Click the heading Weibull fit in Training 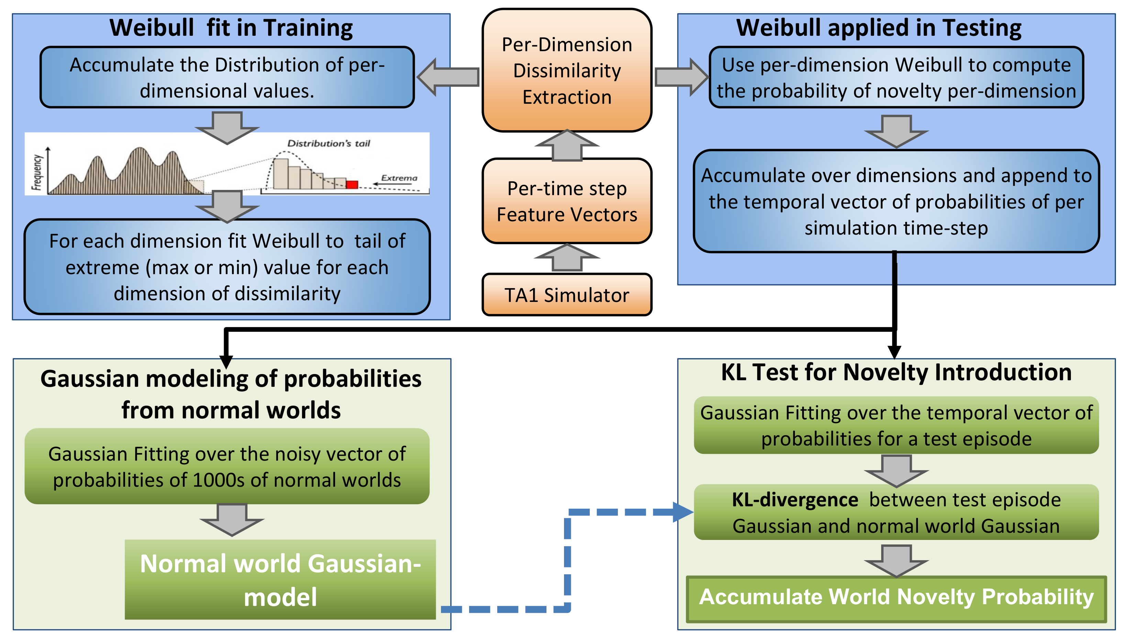pyautogui.click(x=231, y=28)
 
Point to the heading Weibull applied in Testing pyautogui.click(x=878, y=28)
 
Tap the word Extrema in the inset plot pyautogui.click(x=399, y=178)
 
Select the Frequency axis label pyautogui.click(x=37, y=172)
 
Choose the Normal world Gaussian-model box pyautogui.click(x=280, y=579)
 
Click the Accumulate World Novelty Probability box pyautogui.click(x=896, y=598)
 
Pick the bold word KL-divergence pyautogui.click(x=795, y=500)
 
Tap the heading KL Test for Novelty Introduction pyautogui.click(x=896, y=372)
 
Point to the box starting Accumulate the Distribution pyautogui.click(x=227, y=78)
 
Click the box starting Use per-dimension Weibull pyautogui.click(x=896, y=78)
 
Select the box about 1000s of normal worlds pyautogui.click(x=227, y=466)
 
